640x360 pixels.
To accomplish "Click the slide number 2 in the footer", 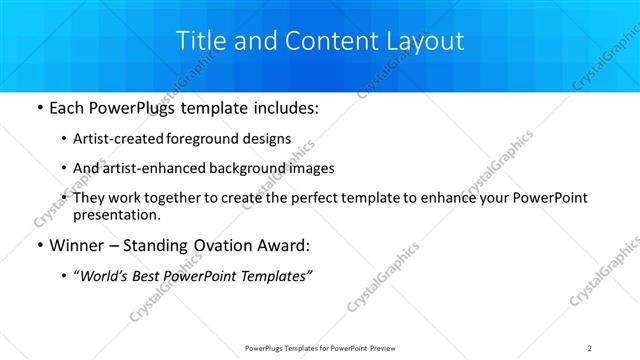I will [590, 348].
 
